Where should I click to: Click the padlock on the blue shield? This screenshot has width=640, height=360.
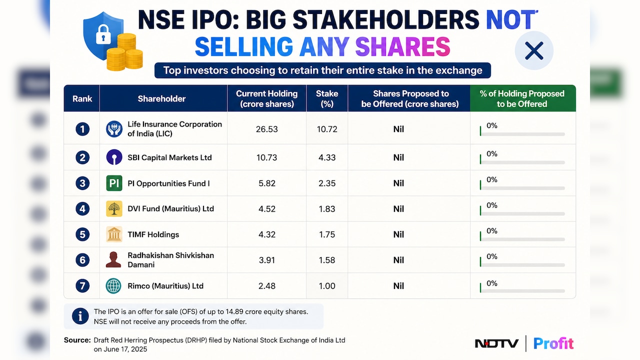103,34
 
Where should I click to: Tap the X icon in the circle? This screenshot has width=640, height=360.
534,51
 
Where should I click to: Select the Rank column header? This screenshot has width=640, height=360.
82,98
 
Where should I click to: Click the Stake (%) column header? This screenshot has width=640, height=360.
327,98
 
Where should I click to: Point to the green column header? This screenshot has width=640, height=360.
522,98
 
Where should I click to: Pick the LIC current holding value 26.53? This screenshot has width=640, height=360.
266,129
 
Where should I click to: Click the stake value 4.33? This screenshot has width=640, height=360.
327,157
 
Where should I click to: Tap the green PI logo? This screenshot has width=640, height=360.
114,183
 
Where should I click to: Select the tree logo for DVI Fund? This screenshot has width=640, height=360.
114,208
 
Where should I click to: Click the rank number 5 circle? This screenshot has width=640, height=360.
82,234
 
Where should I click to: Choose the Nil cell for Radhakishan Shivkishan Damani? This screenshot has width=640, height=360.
398,260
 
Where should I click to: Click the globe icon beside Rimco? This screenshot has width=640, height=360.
113,285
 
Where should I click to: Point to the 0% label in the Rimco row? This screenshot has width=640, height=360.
491,283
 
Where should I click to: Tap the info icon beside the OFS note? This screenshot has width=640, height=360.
80,316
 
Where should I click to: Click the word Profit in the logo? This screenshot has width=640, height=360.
553,343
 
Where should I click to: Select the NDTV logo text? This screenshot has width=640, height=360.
496,343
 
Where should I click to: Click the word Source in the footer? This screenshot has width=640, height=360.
77,340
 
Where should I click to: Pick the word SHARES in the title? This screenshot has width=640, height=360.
402,46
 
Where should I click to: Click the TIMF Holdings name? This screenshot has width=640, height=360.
153,234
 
